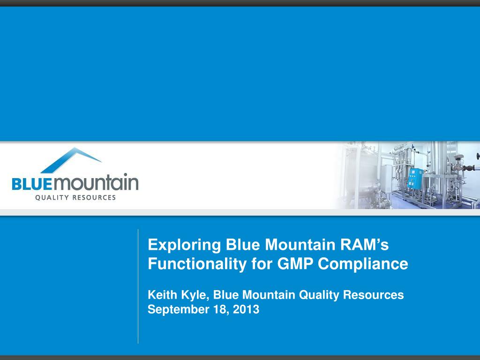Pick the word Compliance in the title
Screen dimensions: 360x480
tap(363, 264)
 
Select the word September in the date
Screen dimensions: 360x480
tap(176, 310)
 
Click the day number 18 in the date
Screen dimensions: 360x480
tap(217, 309)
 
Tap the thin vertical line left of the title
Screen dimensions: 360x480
tap(138, 286)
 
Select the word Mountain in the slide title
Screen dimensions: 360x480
tap(297, 245)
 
